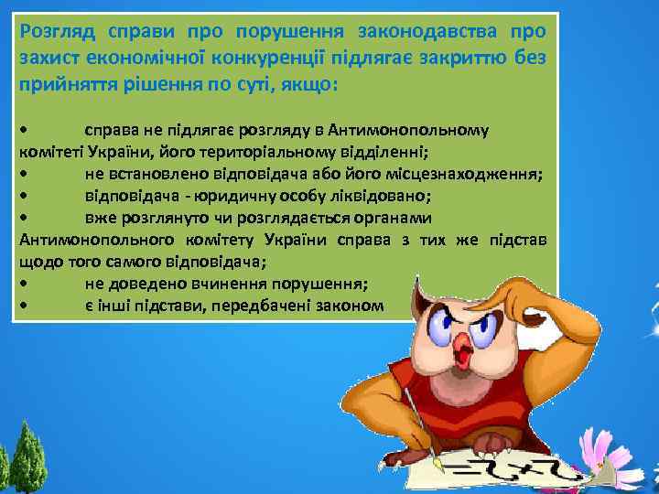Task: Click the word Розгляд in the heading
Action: [x=57, y=32]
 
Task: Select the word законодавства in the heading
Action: [x=423, y=32]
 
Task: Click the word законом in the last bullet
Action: [x=352, y=305]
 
